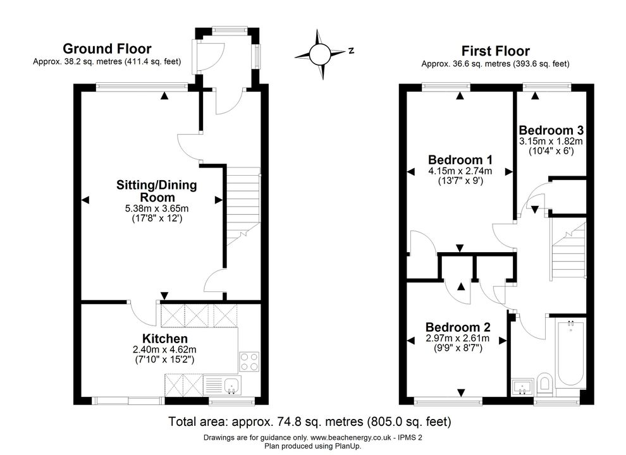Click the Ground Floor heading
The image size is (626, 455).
tap(107, 49)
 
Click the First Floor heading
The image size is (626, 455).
tap(496, 51)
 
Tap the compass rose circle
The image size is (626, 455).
tap(320, 54)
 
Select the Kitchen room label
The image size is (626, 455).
tap(165, 339)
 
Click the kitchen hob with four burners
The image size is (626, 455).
tap(249, 361)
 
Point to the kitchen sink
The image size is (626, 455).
tap(232, 385)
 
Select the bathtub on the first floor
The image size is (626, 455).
tap(570, 353)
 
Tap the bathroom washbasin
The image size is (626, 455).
tap(522, 386)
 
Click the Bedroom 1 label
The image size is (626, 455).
tap(460, 160)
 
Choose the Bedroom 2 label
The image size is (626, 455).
tap(458, 327)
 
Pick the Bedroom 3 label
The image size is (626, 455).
tap(551, 130)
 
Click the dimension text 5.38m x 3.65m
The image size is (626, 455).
tap(157, 209)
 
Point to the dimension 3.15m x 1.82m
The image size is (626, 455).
tap(551, 142)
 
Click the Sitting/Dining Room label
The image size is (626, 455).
tap(157, 191)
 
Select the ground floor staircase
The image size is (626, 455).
tap(243, 207)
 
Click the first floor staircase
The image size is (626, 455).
tap(568, 250)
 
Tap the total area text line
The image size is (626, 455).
tap(310, 422)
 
